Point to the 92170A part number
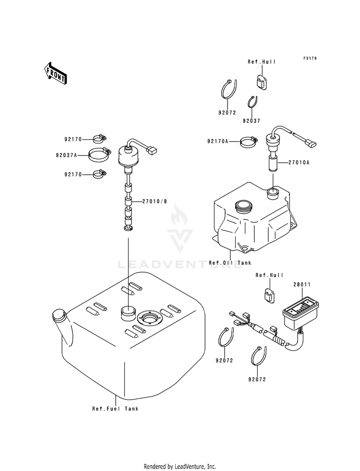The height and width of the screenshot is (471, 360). [217, 141]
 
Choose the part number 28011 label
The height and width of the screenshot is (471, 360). [302, 285]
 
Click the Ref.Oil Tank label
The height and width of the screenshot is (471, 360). [230, 263]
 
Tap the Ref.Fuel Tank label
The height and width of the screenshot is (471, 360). [115, 409]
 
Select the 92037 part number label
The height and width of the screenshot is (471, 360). [251, 121]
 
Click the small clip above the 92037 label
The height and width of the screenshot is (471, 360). [252, 103]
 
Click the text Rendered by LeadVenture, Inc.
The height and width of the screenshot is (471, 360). [180, 466]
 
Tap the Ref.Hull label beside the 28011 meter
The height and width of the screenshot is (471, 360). [269, 275]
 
